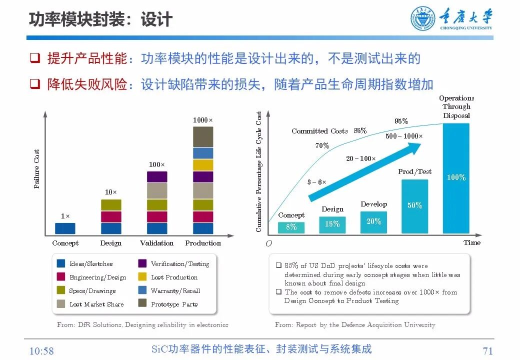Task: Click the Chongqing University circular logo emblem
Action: pos(423,19)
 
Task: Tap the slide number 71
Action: pos(488,350)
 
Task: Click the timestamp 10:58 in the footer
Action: pos(41,351)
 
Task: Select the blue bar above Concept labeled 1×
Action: pos(65,228)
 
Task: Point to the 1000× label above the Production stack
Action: pos(203,120)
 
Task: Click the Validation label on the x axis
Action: pos(156,243)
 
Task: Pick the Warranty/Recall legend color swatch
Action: pos(142,290)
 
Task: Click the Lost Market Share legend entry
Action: pos(96,304)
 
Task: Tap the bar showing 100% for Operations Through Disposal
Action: pos(456,178)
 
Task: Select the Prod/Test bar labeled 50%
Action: pos(414,206)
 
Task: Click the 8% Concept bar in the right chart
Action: pos(291,227)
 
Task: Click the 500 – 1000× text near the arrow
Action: pos(404,136)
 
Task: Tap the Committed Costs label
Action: pos(319,131)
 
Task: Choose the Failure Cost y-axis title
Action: pos(36,169)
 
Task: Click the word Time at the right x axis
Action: pos(471,243)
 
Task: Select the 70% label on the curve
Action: pos(322,146)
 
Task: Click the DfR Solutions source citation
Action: pos(142,325)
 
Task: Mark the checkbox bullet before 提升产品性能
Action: pos(34,58)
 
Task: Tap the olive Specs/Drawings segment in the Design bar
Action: pos(111,204)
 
